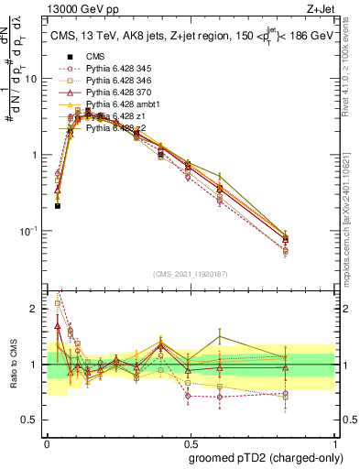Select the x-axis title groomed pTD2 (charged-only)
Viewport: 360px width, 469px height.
coord(267,457)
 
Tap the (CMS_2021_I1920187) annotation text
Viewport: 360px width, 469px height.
coord(190,274)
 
